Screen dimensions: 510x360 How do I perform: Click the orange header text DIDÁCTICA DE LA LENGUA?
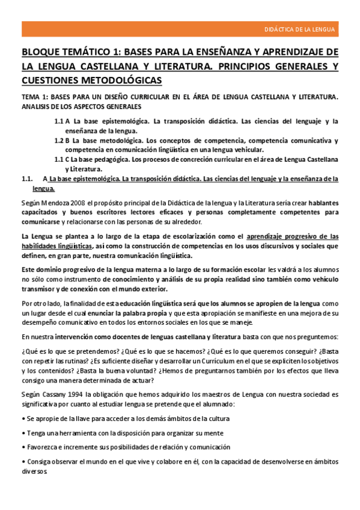(x=301, y=29)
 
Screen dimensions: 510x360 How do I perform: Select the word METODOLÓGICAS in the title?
(x=123, y=80)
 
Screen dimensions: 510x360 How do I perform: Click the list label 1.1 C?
(x=63, y=159)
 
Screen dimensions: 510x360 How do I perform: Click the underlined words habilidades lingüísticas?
(x=57, y=246)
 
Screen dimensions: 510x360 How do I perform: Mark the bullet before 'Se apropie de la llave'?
(x=23, y=418)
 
